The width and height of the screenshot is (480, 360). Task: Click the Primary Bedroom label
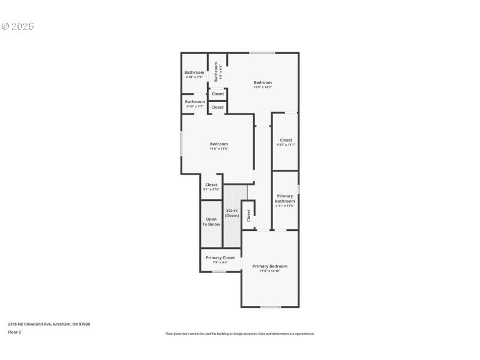(x=269, y=266)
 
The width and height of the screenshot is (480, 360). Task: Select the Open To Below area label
(x=211, y=222)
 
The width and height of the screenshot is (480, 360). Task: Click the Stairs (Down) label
(x=232, y=213)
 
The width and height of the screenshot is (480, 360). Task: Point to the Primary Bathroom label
(x=285, y=199)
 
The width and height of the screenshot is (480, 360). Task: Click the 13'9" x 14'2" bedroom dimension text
(x=263, y=88)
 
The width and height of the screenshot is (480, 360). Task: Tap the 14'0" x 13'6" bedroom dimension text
(x=219, y=149)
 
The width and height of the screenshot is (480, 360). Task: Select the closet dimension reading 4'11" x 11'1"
(x=286, y=145)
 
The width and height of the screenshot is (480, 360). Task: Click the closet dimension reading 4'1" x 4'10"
(x=211, y=190)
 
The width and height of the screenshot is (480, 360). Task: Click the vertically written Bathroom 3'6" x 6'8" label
(x=218, y=72)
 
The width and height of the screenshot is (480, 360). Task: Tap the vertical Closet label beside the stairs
(x=248, y=216)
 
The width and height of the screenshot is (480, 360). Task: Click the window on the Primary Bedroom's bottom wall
(x=271, y=307)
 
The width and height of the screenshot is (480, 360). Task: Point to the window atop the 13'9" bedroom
(x=263, y=53)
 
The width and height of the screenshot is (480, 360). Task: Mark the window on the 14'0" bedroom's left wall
(x=182, y=144)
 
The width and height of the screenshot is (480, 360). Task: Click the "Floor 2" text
(x=14, y=332)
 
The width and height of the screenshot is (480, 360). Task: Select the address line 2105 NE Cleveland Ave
(x=49, y=324)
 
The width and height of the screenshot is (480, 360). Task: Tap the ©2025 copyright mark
(x=18, y=26)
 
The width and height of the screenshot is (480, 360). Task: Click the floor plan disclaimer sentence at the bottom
(x=239, y=334)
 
